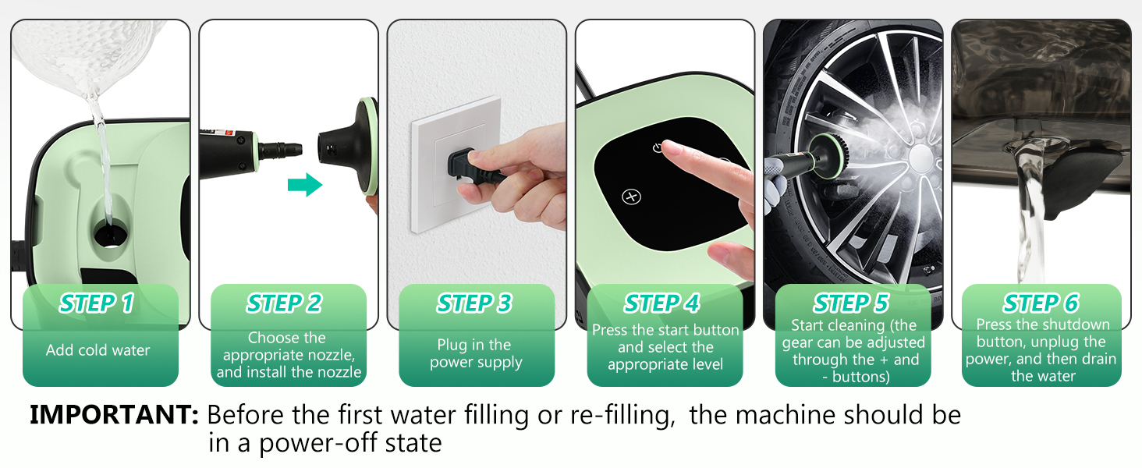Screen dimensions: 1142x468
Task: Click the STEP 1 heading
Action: pyautogui.click(x=97, y=303)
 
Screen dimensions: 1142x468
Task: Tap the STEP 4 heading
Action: pyautogui.click(x=661, y=303)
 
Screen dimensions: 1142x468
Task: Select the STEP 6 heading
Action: pyautogui.click(x=1041, y=303)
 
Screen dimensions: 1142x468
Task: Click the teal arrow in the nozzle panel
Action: pyautogui.click(x=305, y=185)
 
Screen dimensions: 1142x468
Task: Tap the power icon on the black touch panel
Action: pyautogui.click(x=658, y=148)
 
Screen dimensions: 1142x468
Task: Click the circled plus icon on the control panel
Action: pyautogui.click(x=632, y=197)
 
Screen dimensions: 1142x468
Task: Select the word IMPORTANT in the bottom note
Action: pyautogui.click(x=114, y=414)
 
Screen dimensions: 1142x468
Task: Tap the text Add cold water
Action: pyautogui.click(x=98, y=350)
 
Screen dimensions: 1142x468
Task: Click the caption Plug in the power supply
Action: pyautogui.click(x=476, y=353)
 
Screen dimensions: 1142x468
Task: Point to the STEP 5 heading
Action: pyautogui.click(x=851, y=303)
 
